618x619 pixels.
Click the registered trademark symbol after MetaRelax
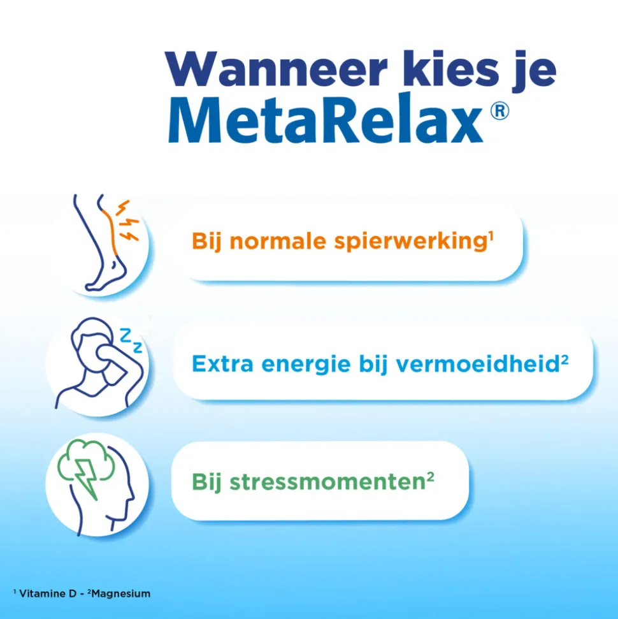[x=500, y=112]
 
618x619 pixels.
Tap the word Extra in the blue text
[x=219, y=364]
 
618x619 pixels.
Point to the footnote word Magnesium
[x=121, y=594]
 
